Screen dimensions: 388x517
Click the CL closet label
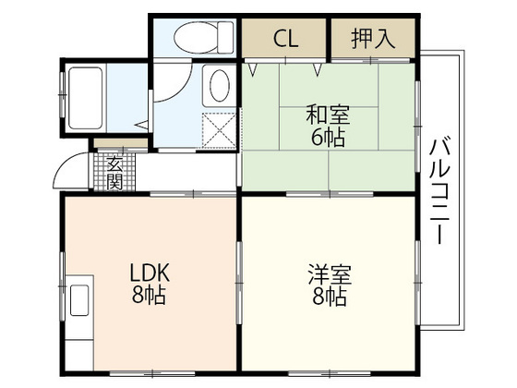coord(284,40)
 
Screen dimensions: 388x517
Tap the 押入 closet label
coord(372,40)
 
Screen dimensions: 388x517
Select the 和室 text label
coord(328,116)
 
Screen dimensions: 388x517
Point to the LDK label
coord(148,274)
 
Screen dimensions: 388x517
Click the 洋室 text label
coord(329,275)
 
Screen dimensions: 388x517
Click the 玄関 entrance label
coord(114,172)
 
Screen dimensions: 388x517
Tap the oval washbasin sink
coord(220,87)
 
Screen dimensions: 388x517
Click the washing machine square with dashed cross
coord(219,127)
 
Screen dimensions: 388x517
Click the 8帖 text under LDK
coord(148,297)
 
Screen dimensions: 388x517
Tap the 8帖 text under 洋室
coord(329,297)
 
